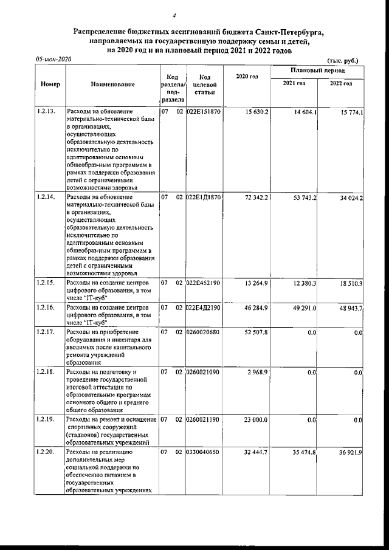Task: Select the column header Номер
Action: pos(50,85)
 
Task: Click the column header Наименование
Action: pos(112,85)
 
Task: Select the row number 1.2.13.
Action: pos(46,112)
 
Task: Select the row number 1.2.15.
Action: pos(46,283)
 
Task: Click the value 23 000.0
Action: pos(256,420)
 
